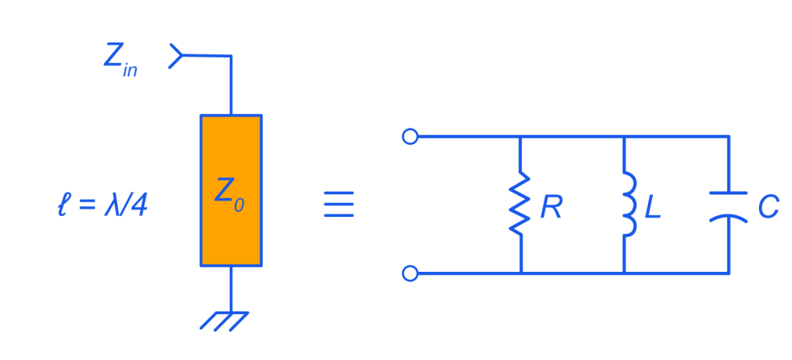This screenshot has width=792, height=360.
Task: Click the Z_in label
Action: [120, 58]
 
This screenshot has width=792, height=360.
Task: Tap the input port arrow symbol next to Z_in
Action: [176, 56]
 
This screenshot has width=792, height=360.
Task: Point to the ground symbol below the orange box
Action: [224, 320]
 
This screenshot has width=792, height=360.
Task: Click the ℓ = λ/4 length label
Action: [102, 205]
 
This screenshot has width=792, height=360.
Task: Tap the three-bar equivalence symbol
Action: [338, 204]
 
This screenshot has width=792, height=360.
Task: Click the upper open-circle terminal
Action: [410, 136]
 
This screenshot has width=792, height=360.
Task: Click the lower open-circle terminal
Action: [410, 273]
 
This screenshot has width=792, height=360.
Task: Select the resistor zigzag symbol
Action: [519, 204]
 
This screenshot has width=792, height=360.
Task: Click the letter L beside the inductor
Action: [652, 208]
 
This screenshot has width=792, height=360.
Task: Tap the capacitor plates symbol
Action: [728, 205]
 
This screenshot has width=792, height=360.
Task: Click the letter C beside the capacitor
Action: [768, 208]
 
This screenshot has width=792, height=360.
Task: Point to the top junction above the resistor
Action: [519, 136]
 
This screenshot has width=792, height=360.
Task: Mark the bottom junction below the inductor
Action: [625, 273]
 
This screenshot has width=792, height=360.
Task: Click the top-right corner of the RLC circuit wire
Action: [729, 136]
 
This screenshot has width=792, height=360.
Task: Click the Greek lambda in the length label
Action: [112, 205]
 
